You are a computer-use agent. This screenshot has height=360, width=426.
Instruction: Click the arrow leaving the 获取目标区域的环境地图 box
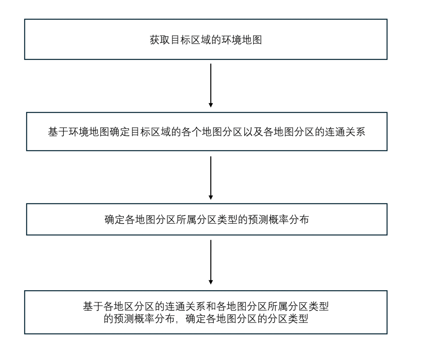point(211,85)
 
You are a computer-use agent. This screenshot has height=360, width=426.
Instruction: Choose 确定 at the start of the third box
point(114,220)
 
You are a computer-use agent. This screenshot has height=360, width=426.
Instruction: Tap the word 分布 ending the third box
point(299,220)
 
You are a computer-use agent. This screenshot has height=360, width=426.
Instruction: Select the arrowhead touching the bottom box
point(211,282)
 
